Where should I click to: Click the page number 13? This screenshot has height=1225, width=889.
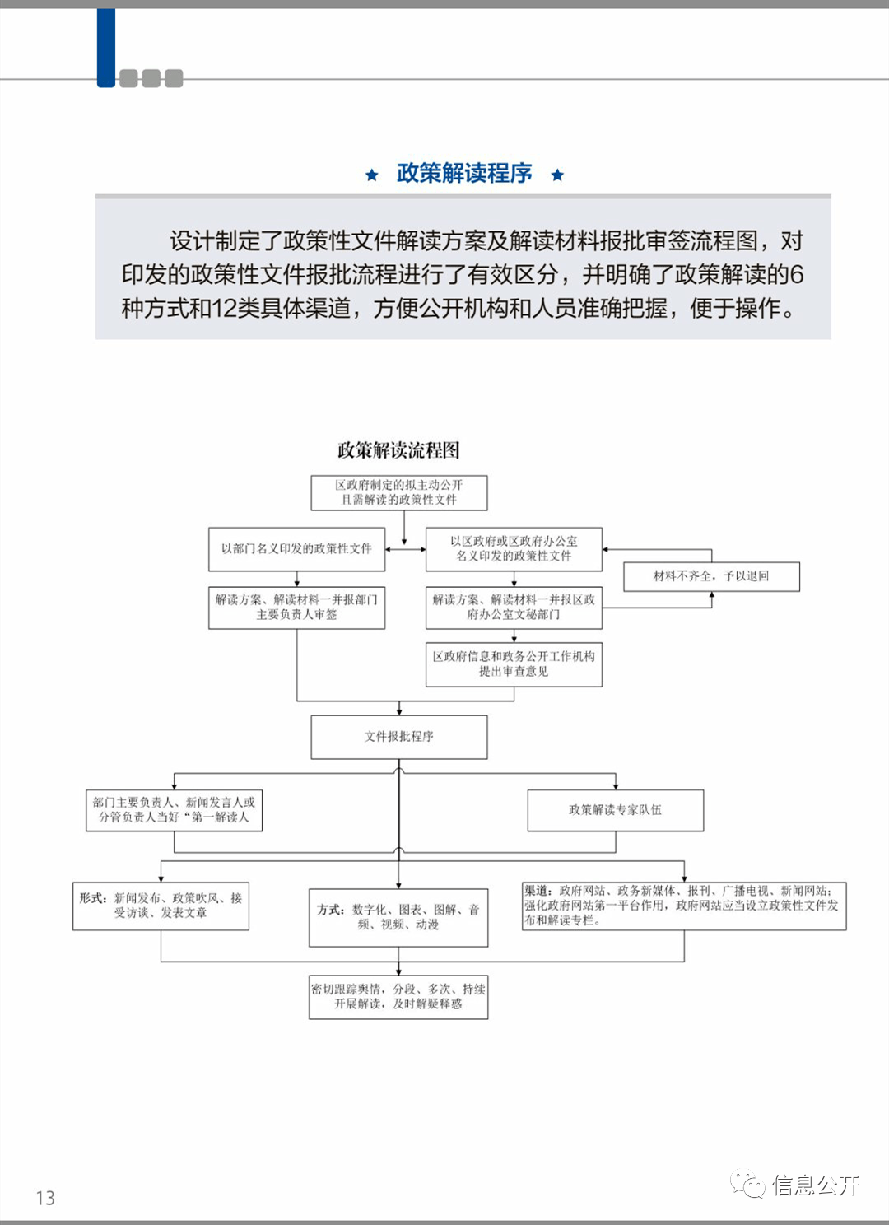click(x=45, y=1198)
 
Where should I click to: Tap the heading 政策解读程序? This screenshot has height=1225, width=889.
click(x=464, y=174)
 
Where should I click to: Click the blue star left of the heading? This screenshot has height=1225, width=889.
click(x=372, y=175)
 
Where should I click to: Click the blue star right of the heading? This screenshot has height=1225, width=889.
click(x=557, y=175)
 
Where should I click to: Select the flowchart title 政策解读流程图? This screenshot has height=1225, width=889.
click(x=398, y=450)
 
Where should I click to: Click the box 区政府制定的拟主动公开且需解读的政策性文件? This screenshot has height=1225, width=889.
click(x=399, y=493)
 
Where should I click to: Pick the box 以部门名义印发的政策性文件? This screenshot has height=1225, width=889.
click(x=297, y=549)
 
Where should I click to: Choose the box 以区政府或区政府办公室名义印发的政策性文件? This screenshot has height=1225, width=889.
click(x=514, y=549)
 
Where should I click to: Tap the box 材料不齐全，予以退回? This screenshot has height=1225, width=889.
click(x=711, y=576)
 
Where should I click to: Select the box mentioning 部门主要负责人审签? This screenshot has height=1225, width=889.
click(x=297, y=608)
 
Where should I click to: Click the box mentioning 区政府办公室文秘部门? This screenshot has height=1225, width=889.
click(x=514, y=608)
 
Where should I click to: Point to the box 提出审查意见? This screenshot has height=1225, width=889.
click(x=514, y=664)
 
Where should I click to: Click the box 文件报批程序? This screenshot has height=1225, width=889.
click(x=399, y=737)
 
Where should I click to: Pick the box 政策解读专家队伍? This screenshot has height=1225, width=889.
click(x=616, y=810)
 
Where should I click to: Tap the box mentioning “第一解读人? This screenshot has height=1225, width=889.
click(x=174, y=810)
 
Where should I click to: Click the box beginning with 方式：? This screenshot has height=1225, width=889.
click(x=398, y=917)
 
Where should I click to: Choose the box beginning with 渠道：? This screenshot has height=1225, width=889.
click(x=684, y=906)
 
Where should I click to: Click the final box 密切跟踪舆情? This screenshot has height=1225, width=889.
click(x=398, y=996)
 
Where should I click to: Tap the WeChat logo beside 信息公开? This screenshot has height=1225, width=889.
click(x=747, y=1184)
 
